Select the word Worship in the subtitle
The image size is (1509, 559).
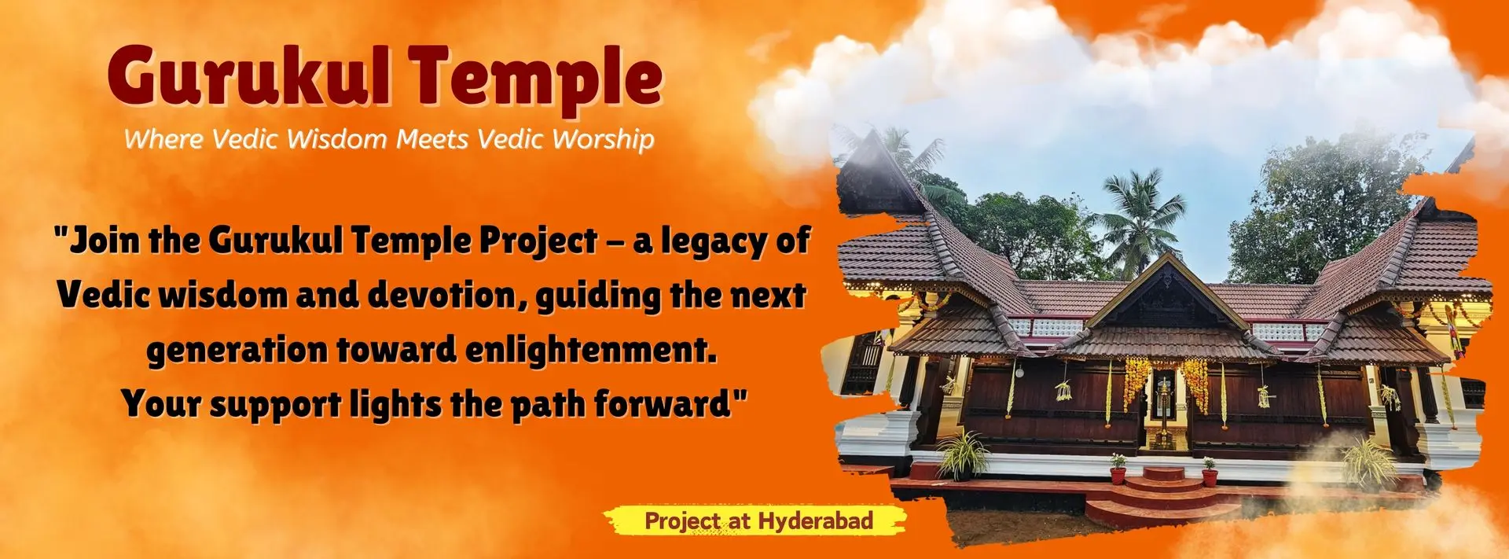[x=603, y=139]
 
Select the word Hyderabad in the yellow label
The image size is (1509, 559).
[x=815, y=520]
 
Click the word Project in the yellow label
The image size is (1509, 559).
[x=681, y=520]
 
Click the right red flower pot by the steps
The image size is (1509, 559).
[x=1210, y=474]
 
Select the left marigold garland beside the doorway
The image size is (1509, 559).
[x=1135, y=381]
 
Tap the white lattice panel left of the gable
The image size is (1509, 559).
[x=1045, y=327]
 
